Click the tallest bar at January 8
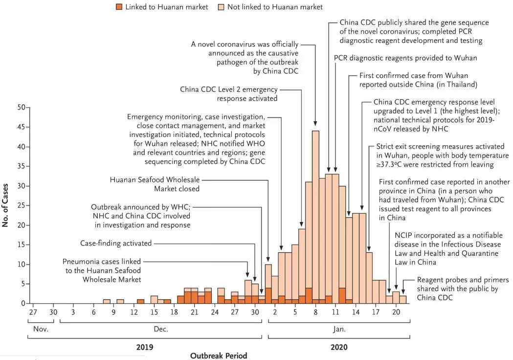[x=315, y=215]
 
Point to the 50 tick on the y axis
[x=21, y=107]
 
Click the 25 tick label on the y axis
[x=21, y=205]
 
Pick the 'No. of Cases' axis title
[x=7, y=205]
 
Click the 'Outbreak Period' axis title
[x=219, y=356]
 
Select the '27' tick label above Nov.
[x=33, y=312]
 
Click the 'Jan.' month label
[x=339, y=329]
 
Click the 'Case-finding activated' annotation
[x=116, y=243]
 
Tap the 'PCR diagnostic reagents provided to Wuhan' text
[x=405, y=58]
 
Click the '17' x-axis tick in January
[x=376, y=312]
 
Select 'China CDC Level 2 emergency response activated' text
[x=229, y=93]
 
